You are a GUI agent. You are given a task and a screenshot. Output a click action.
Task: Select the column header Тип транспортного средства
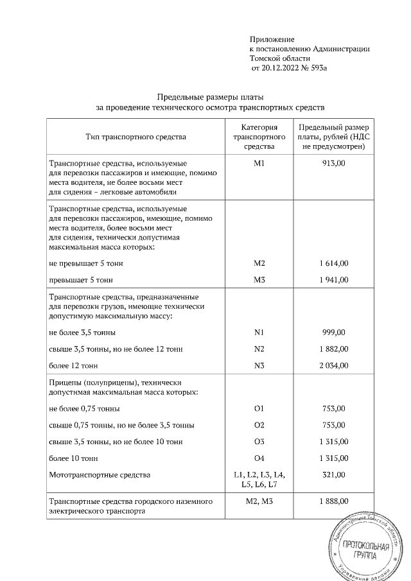(136, 137)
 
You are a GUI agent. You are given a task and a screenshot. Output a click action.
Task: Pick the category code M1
(259, 164)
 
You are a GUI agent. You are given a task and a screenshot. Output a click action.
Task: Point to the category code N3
(259, 365)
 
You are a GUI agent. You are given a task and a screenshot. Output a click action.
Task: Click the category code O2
(259, 425)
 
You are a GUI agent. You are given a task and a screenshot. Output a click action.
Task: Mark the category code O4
(259, 458)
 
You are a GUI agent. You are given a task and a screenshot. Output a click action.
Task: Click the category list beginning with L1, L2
(259, 480)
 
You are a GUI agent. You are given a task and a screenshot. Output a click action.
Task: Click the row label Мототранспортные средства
(100, 475)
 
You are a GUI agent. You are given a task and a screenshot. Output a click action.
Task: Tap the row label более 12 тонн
(73, 365)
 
